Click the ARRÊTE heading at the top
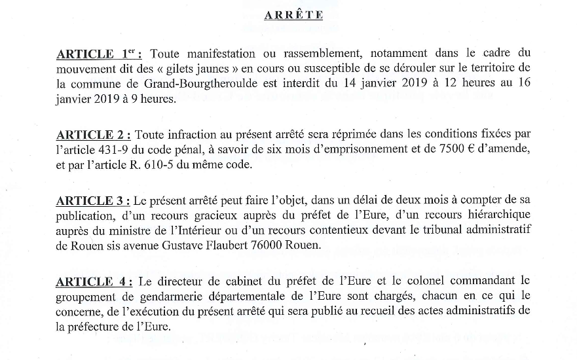[x=293, y=15]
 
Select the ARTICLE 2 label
[x=94, y=135]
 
